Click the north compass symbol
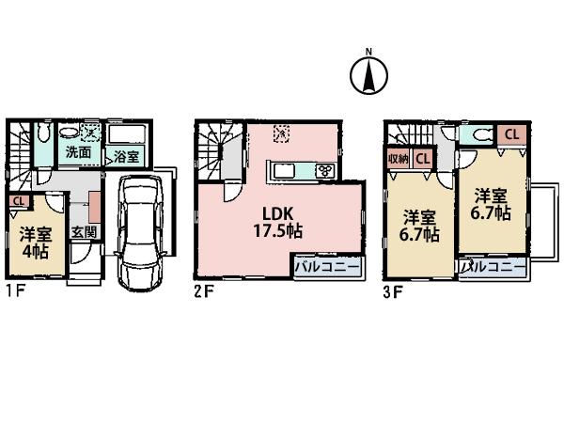[x=369, y=74]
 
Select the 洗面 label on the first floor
[x=77, y=151]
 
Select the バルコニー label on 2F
[x=324, y=267]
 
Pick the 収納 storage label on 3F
[x=396, y=159]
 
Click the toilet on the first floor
[x=43, y=137]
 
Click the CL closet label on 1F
[x=17, y=200]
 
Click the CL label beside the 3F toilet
[x=511, y=133]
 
